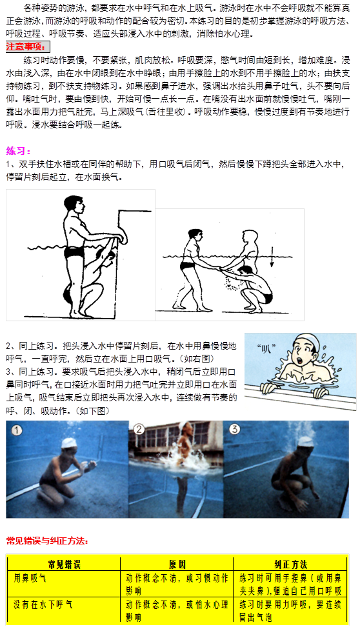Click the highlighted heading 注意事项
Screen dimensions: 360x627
coord(27,47)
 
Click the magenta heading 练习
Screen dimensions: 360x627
coord(19,151)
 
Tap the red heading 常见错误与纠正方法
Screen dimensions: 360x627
coord(47,541)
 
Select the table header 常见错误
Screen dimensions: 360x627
coord(64,564)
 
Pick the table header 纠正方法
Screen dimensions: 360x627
coord(291,564)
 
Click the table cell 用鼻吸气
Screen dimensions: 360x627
coord(30,578)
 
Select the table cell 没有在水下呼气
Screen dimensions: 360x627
coord(43,604)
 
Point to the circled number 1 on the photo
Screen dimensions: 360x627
coord(16,431)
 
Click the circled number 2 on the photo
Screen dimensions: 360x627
coord(139,430)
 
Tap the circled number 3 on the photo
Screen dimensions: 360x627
coord(234,430)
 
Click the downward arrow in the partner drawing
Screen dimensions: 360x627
coord(272,256)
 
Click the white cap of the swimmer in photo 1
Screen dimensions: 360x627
coord(69,443)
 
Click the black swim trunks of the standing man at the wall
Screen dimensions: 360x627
coord(74,252)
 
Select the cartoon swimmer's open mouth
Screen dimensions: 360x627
coord(300,359)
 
